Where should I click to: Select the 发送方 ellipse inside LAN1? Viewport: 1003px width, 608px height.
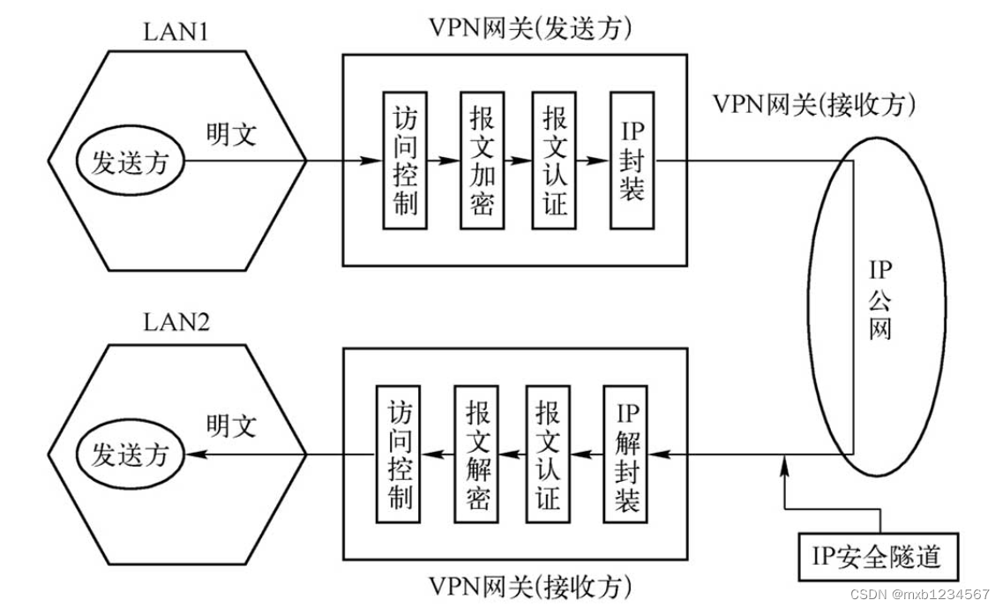[130, 162]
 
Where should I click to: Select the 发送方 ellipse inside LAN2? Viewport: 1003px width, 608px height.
[130, 455]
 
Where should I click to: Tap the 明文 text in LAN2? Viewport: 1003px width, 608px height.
[231, 426]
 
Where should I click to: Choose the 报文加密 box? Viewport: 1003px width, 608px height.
[482, 161]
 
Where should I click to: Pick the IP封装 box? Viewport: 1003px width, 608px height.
[632, 161]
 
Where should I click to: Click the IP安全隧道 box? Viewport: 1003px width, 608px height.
[877, 557]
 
